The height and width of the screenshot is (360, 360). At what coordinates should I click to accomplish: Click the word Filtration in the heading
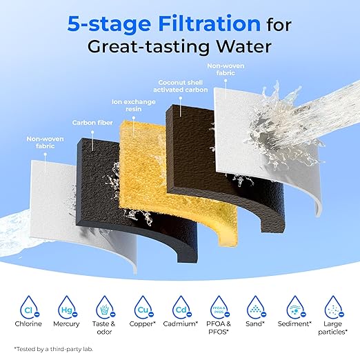210,23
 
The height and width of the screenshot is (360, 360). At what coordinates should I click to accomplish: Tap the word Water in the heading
244,47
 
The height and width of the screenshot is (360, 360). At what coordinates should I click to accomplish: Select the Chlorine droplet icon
29,307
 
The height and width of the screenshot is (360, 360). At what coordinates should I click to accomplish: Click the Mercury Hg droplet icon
67,307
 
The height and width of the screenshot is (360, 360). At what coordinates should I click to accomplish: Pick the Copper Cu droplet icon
143,307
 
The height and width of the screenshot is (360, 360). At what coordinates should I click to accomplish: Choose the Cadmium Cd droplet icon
181,307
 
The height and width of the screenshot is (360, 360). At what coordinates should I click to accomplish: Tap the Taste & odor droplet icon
105,307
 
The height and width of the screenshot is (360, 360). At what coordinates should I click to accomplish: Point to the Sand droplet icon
256,307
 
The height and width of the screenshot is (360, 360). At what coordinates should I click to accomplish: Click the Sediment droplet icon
295,307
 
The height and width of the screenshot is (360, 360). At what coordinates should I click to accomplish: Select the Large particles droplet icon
334,307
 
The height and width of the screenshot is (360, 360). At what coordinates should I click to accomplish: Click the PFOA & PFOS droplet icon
219,307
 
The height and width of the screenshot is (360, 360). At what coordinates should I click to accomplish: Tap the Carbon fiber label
92,123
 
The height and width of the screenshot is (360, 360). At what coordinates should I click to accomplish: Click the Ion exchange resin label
134,106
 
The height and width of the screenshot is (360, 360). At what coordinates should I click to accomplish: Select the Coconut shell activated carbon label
181,86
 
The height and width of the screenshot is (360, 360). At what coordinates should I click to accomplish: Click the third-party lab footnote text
54,349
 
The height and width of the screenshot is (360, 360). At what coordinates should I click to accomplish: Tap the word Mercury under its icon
66,324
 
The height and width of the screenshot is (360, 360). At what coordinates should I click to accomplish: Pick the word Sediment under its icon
294,323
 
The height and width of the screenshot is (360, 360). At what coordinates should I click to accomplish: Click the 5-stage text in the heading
109,24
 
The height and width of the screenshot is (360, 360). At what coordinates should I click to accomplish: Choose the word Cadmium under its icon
181,323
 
